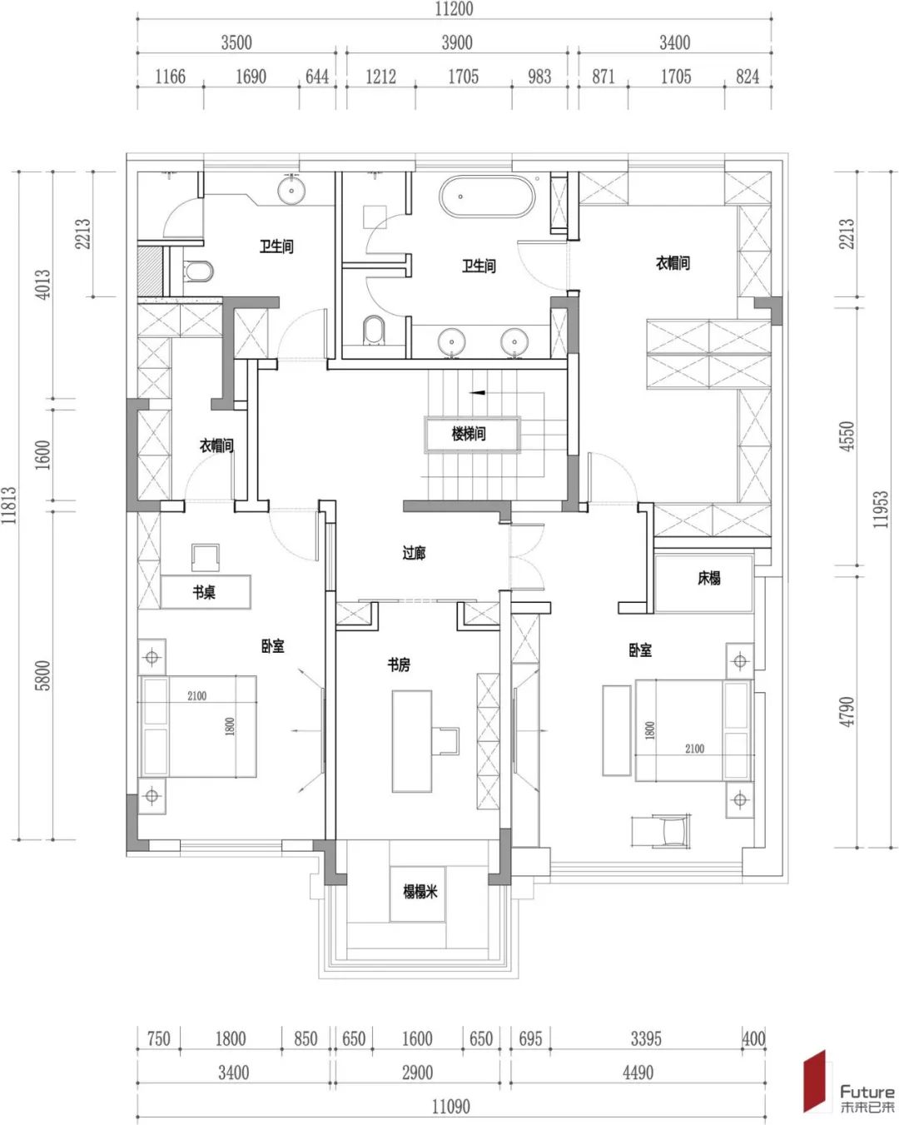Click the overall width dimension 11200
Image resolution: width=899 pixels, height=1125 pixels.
point(454,9)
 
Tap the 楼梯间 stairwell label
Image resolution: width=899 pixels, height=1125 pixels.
point(469,433)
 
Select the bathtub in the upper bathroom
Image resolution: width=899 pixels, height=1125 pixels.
point(487,196)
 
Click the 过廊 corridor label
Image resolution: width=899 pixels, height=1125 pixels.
point(414,553)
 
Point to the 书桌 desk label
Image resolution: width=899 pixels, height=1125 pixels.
point(204,592)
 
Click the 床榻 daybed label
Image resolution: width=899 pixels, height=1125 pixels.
point(708,578)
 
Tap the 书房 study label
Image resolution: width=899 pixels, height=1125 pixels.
point(398,665)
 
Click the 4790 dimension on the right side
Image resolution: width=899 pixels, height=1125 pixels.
point(847,711)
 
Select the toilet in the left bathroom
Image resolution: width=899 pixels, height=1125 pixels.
point(198,271)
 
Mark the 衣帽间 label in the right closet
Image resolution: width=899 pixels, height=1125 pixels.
point(673,263)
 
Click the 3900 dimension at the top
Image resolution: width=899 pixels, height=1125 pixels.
point(457,42)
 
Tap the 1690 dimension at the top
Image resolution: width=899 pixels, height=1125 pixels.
point(251,77)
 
